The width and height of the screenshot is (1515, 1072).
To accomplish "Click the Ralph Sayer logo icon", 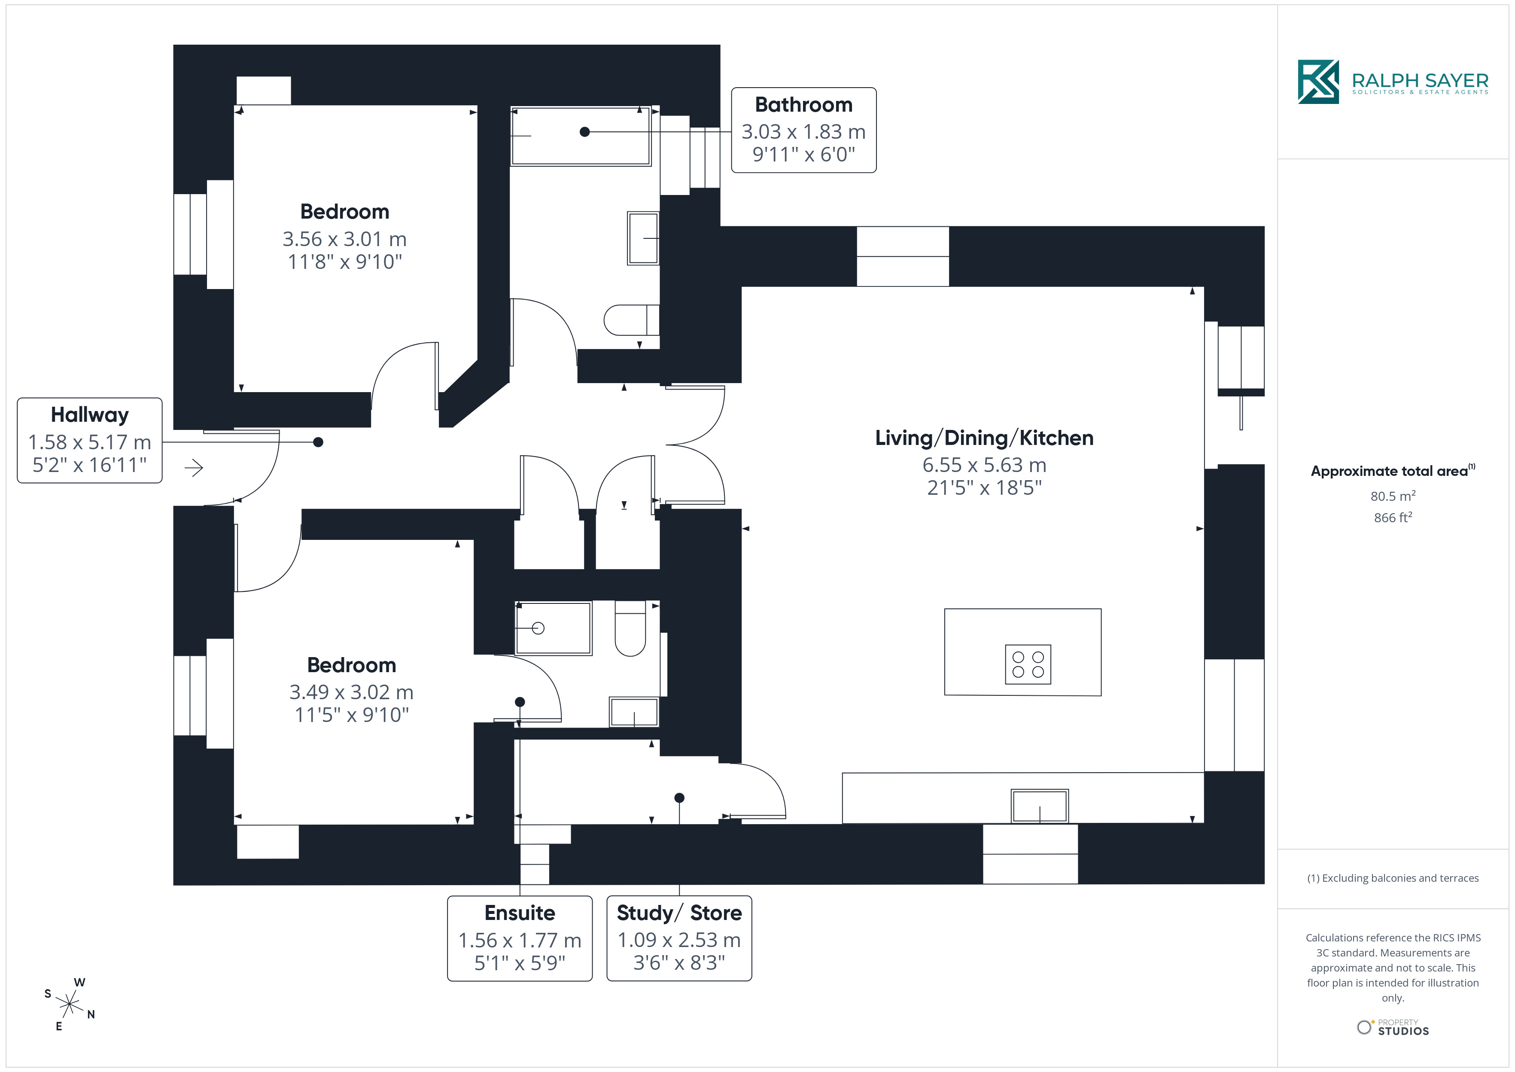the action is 1318,82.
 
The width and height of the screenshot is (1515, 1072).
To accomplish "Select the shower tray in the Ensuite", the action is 553,628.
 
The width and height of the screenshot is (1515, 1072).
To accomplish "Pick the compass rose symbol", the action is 69,1005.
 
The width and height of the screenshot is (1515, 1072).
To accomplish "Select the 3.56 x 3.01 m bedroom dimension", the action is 344,238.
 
